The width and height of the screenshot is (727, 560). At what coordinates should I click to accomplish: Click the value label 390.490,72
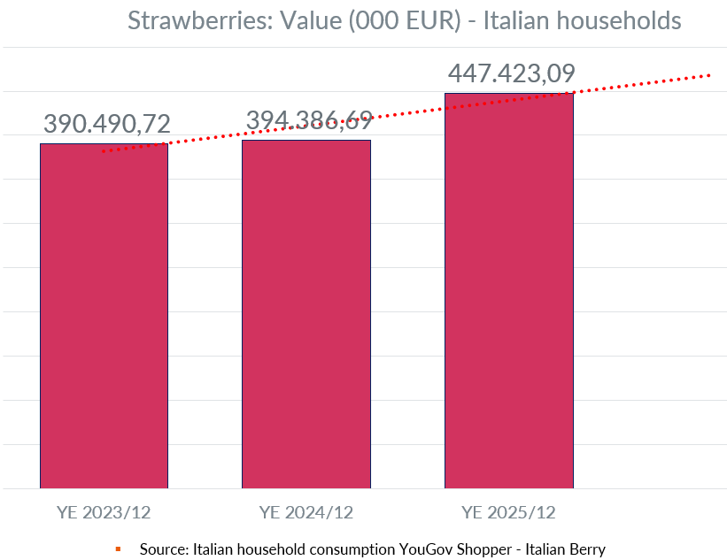coord(106,125)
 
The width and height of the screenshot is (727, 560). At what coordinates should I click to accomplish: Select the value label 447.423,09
coord(511,73)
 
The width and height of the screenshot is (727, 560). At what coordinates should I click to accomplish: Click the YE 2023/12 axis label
coord(104,512)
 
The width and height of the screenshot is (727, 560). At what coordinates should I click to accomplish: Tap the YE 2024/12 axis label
coord(306,512)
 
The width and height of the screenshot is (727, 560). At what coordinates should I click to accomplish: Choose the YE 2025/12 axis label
coord(508,512)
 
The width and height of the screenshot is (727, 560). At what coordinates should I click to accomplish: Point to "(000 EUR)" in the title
coord(405,20)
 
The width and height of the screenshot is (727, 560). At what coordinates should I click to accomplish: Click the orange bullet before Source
coord(118,549)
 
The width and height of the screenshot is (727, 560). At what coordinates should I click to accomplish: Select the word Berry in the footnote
coord(586,549)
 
